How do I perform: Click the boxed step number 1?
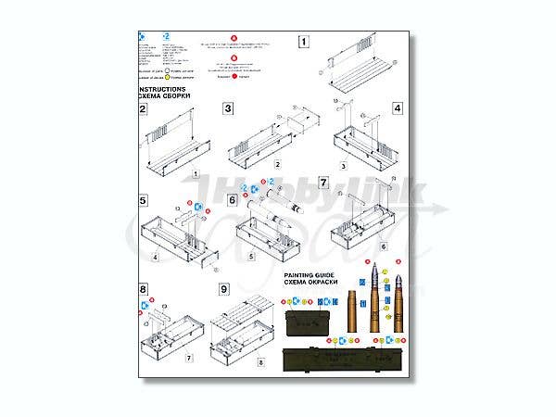click(303, 42)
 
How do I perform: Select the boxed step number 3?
click(228, 108)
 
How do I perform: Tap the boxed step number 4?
click(397, 108)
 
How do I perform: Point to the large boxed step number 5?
click(144, 200)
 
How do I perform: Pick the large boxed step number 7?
click(323, 182)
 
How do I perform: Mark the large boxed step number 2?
click(144, 109)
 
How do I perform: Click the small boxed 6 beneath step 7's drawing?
click(358, 248)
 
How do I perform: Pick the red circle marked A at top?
click(234, 40)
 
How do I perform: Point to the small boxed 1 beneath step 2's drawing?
click(197, 173)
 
